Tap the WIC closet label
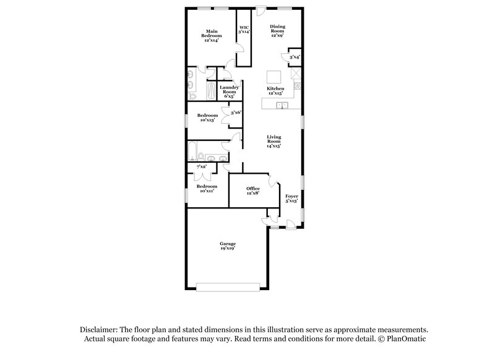244,30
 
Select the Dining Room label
277,31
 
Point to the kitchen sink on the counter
282,106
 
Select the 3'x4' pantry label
295,58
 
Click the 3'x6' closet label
235,113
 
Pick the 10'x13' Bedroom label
207,118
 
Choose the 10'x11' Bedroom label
207,189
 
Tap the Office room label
252,190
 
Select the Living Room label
274,142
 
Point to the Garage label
228,246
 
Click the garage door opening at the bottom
228,286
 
